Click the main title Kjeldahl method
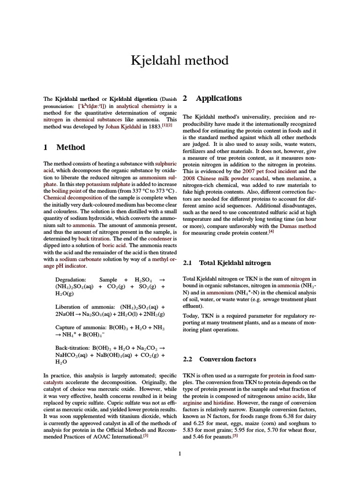[180, 60]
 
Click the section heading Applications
[218, 98]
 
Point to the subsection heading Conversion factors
[227, 359]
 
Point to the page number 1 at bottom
[180, 453]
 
